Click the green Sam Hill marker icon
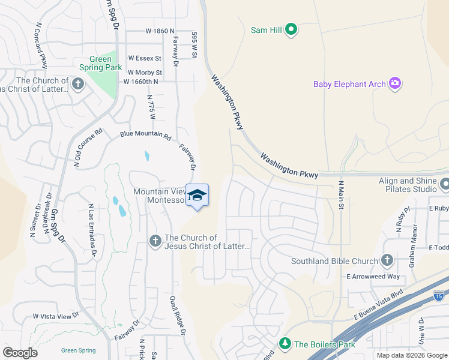(x=291, y=29)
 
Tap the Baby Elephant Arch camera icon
(x=394, y=83)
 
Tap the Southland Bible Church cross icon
(x=387, y=261)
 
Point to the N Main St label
(x=340, y=195)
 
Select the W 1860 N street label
(x=160, y=31)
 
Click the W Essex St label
(x=145, y=59)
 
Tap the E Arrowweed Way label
(x=373, y=277)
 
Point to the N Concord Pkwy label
(x=42, y=46)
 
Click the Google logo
(x=20, y=353)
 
